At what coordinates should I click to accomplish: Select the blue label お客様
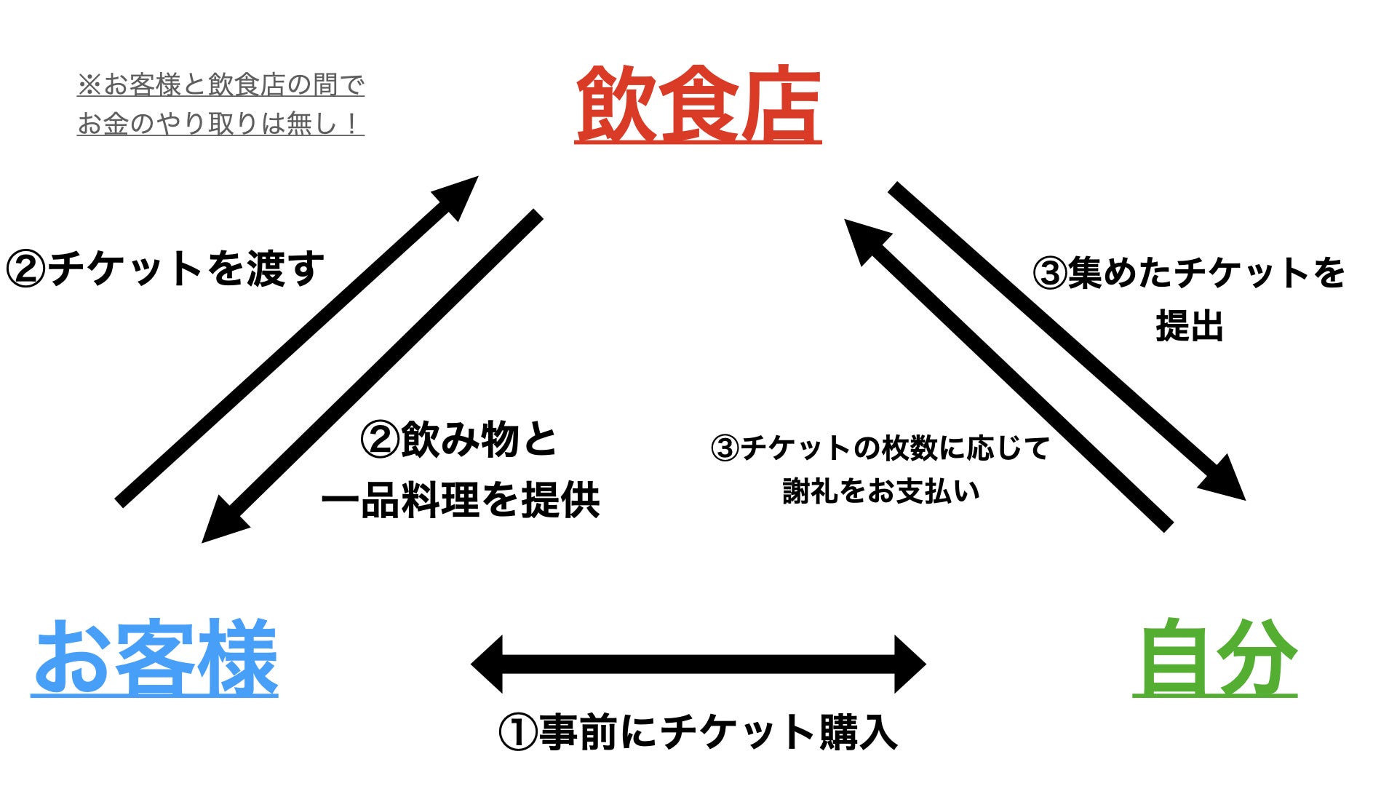[x=154, y=657]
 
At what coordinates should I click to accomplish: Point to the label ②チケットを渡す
[x=164, y=269]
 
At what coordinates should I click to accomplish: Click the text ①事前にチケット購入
[x=698, y=731]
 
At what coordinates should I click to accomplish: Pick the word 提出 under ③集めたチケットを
[x=1190, y=325]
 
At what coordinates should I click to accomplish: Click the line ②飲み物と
[x=459, y=440]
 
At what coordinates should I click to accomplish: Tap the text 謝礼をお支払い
[x=881, y=491]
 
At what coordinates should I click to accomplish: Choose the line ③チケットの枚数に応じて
[x=880, y=448]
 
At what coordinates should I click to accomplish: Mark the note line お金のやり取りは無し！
[x=220, y=124]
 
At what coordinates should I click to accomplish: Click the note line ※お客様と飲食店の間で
[x=220, y=85]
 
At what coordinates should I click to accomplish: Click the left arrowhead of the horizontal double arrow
[x=487, y=664]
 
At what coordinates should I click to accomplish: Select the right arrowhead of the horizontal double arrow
[x=910, y=664]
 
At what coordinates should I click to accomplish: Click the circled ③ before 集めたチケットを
[x=1050, y=274]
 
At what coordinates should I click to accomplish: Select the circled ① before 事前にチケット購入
[x=518, y=732]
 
